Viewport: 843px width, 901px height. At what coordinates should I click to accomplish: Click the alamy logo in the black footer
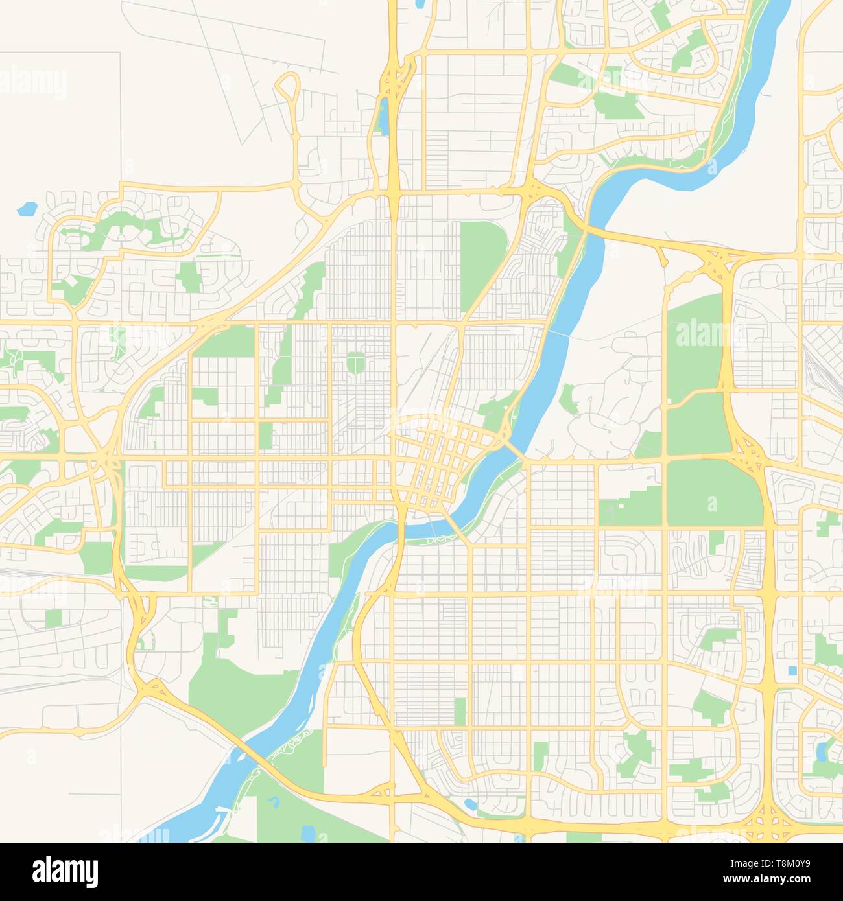click(65, 871)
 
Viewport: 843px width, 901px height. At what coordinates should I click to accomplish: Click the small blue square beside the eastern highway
click(792, 670)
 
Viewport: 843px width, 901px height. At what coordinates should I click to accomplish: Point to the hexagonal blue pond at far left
click(27, 209)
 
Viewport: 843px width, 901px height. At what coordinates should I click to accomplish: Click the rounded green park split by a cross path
click(355, 362)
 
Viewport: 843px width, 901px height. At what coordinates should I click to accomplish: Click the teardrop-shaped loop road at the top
click(288, 91)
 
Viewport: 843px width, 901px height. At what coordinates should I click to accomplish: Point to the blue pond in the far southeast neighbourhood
click(822, 751)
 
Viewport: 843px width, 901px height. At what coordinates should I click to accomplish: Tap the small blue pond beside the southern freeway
click(470, 804)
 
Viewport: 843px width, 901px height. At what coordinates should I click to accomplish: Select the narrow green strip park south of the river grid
click(460, 711)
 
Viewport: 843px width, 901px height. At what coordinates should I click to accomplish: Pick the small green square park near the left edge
click(54, 618)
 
